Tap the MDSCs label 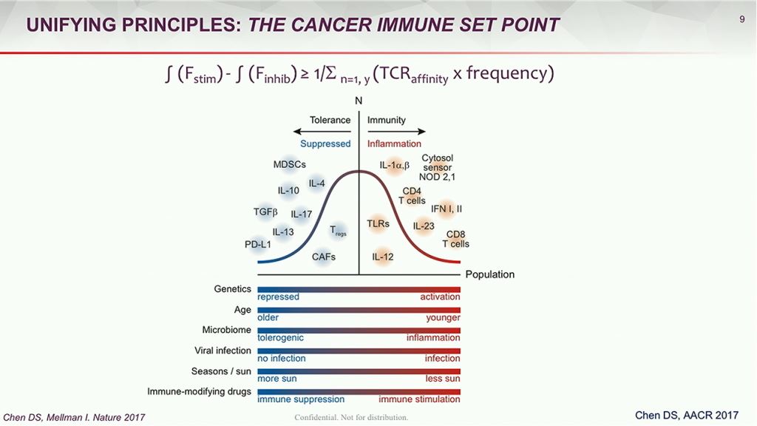click(x=289, y=164)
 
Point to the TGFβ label click(x=265, y=212)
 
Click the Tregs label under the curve click(x=338, y=230)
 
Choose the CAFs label click(x=324, y=257)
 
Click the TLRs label click(x=378, y=223)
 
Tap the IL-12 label click(x=382, y=257)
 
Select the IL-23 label click(x=424, y=226)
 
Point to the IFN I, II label click(x=447, y=209)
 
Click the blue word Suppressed click(x=325, y=143)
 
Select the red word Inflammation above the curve click(x=394, y=143)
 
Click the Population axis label click(x=489, y=274)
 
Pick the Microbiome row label click(x=226, y=329)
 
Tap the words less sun click(x=442, y=379)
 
